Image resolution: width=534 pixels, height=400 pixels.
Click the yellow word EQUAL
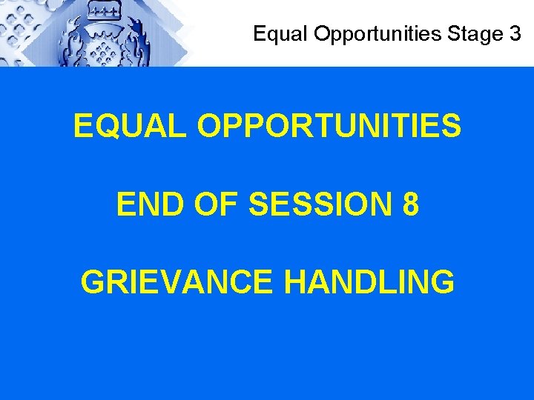129,127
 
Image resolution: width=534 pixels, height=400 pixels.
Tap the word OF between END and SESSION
217,205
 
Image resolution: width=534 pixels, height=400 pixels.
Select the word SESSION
322,205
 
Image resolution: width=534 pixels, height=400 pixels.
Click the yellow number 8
410,205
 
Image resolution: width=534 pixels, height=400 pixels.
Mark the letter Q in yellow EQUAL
108,127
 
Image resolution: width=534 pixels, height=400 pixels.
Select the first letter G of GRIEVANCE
93,282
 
